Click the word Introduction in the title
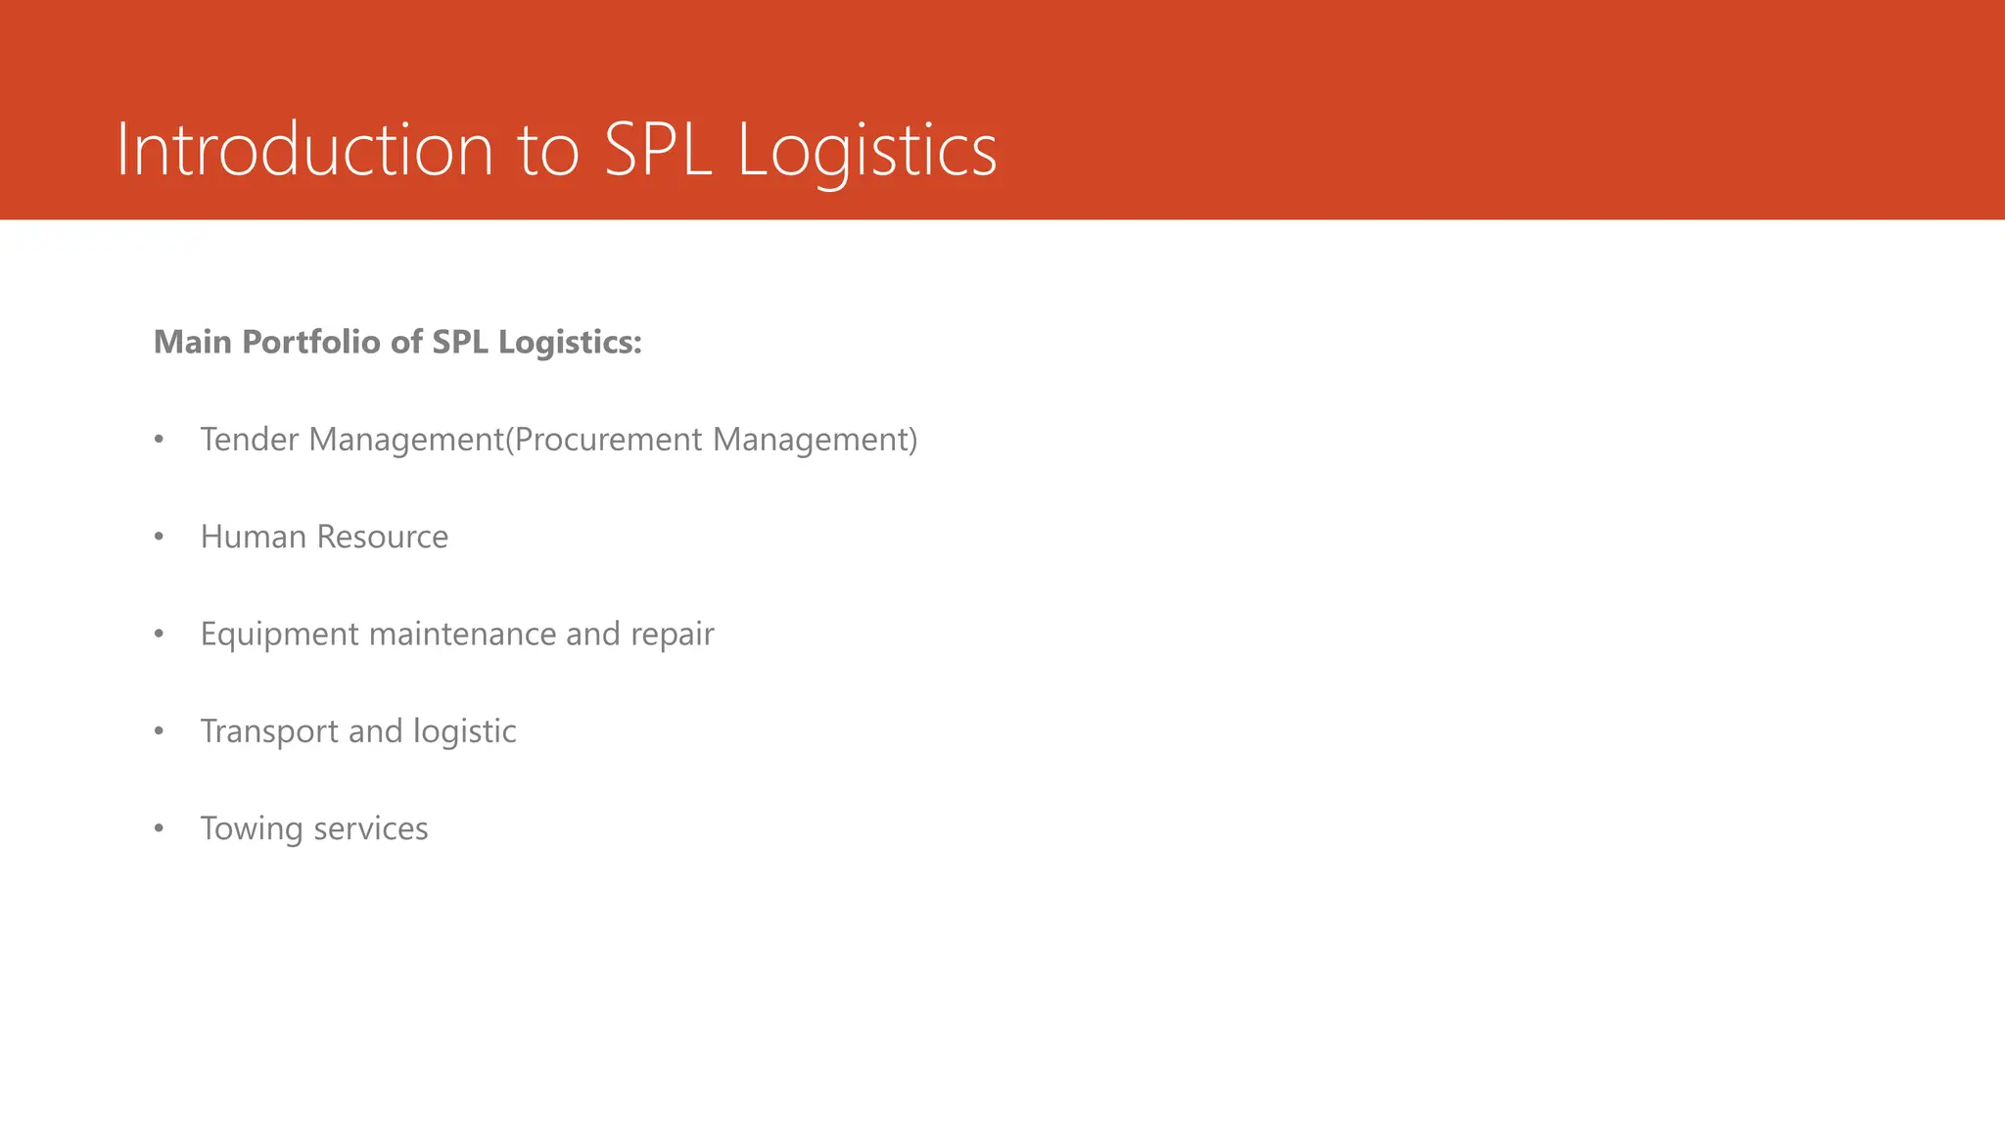[x=304, y=150]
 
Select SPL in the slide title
[x=658, y=150]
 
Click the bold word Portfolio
[x=311, y=342]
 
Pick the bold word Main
[x=193, y=342]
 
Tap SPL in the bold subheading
[x=460, y=342]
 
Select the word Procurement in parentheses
[x=607, y=440]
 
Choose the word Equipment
[x=280, y=634]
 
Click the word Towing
[x=252, y=829]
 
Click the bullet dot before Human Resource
[x=160, y=538]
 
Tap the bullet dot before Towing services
[x=160, y=829]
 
